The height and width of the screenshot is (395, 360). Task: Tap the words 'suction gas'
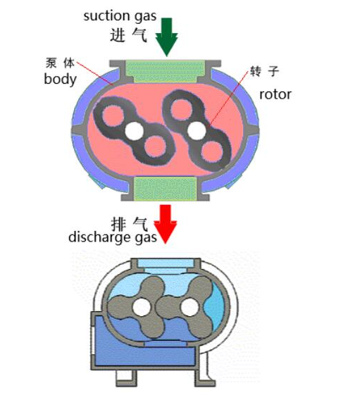(117, 15)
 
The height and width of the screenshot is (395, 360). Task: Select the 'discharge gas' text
(113, 237)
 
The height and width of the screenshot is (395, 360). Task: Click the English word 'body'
(60, 78)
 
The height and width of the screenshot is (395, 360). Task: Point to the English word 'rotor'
(275, 94)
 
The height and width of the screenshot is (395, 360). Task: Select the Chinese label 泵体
(59, 62)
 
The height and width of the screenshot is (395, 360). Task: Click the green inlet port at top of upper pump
(167, 70)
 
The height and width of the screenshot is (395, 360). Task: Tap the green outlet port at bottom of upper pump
(167, 188)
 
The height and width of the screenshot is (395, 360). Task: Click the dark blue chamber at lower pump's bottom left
(113, 345)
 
